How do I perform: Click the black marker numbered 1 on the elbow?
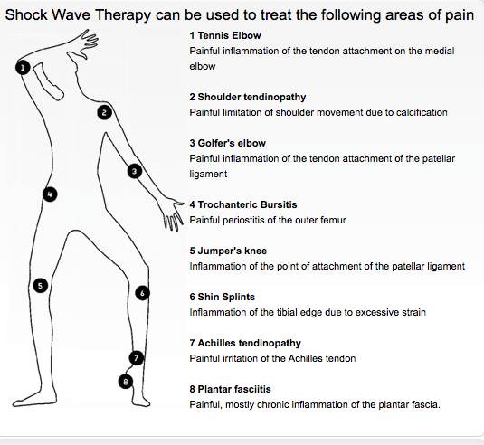tap(23, 68)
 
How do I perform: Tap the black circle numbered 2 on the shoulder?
tap(104, 112)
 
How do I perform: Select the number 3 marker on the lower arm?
tap(135, 171)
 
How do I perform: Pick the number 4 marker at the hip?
tap(50, 194)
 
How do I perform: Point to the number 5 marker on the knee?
tap(41, 286)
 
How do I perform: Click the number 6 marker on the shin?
tap(142, 293)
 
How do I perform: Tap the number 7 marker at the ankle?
tap(136, 358)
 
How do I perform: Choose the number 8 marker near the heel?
tap(126, 382)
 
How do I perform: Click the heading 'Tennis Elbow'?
tap(230, 35)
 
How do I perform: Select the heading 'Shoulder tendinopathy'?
tap(251, 97)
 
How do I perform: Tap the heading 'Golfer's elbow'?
tap(232, 143)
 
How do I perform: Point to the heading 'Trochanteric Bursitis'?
tap(247, 204)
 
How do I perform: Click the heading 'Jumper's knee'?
tap(233, 251)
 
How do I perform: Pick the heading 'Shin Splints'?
tap(226, 297)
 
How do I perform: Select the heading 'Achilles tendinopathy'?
tap(250, 343)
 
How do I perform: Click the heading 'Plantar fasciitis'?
tap(234, 389)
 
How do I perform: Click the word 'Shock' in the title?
tap(26, 14)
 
